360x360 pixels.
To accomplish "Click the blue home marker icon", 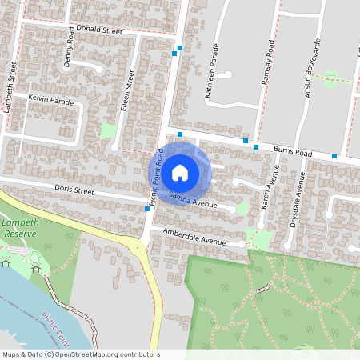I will click(180, 171).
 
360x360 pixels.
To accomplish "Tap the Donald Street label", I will click(98, 30).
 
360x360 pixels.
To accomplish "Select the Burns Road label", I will click(293, 149).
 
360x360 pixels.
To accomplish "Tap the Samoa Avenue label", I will click(193, 200).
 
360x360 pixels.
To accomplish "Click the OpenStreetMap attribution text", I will click(81, 354).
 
